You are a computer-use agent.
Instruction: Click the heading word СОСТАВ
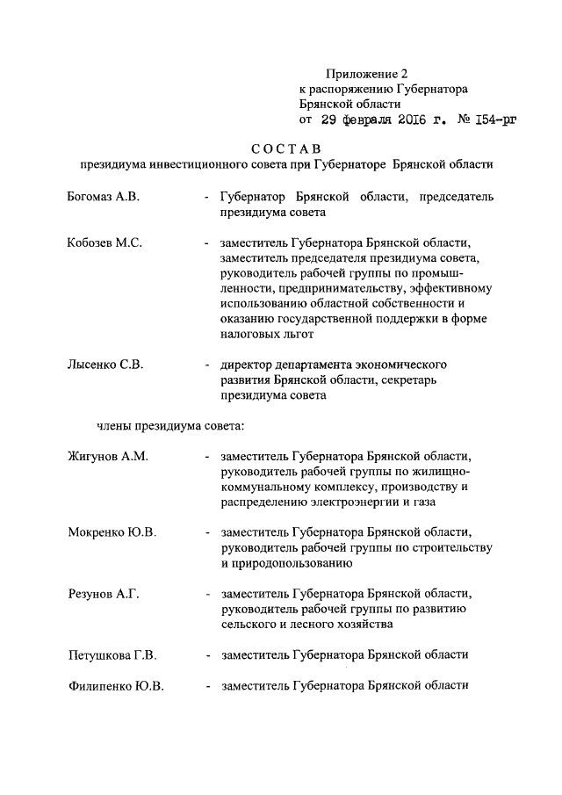coord(281,147)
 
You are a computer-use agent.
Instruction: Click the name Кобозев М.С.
coord(104,242)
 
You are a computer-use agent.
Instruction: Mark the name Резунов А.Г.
coord(104,594)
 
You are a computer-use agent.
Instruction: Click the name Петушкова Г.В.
coord(112,654)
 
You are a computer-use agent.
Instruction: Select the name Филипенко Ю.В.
coord(115,686)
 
